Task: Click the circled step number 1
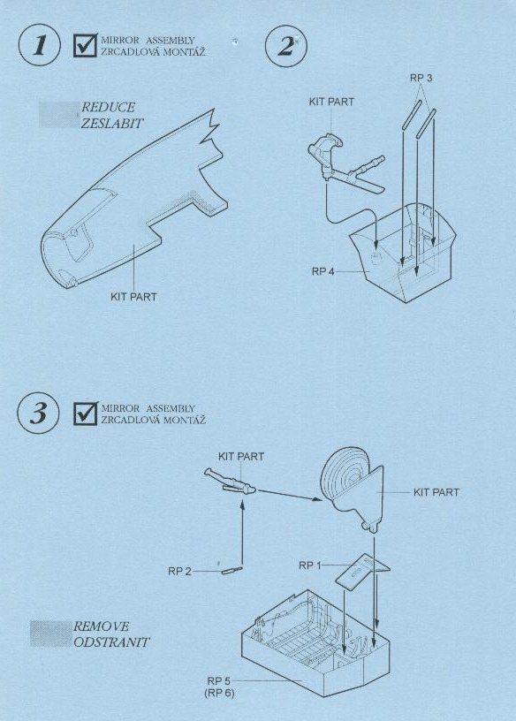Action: [40, 46]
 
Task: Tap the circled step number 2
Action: [286, 46]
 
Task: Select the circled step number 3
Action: [39, 413]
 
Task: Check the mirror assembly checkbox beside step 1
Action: [86, 46]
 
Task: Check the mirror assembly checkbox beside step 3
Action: [86, 414]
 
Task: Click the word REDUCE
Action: [108, 107]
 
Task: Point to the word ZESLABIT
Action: [111, 123]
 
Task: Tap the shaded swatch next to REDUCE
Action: [58, 115]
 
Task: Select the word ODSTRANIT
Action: [111, 641]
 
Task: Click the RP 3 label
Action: [421, 78]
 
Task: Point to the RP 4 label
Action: [322, 271]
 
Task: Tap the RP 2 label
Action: [179, 571]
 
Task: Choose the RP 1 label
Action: [310, 565]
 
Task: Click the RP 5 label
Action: [218, 680]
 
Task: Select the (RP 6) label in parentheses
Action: [219, 693]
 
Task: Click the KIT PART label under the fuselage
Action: [133, 297]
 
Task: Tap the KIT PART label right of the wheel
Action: [436, 492]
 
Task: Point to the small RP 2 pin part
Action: [231, 570]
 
